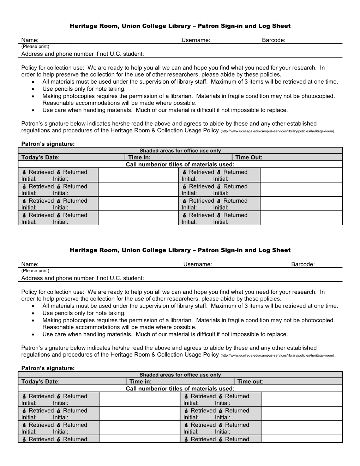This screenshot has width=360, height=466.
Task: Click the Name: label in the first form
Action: (30, 40)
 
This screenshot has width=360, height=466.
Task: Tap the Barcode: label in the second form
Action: (302, 264)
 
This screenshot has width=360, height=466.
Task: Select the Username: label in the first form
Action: (196, 40)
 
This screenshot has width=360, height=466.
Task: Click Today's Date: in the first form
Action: (40, 157)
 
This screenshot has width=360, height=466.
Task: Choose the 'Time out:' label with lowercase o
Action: (250, 382)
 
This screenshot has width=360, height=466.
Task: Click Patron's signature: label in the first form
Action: (48, 144)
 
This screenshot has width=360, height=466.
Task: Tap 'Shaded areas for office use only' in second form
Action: (180, 375)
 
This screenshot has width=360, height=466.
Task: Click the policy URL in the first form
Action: (277, 131)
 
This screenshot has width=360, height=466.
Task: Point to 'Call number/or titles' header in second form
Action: (180, 389)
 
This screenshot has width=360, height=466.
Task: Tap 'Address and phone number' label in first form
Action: (83, 54)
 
